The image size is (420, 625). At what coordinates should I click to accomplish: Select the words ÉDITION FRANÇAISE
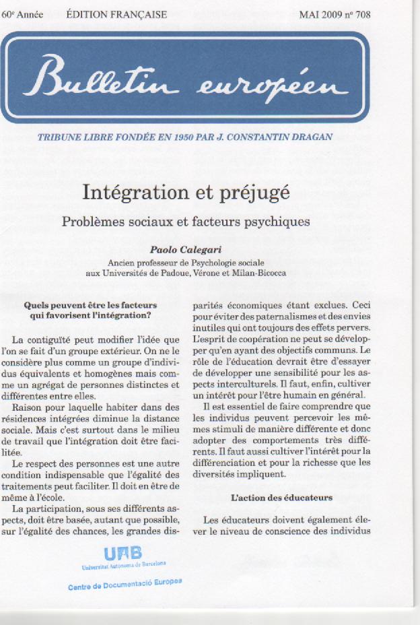coord(117,13)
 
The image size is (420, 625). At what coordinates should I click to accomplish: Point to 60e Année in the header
coord(22,13)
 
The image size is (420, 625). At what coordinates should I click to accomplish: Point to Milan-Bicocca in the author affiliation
coord(259,273)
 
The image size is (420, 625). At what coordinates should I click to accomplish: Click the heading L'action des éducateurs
coord(281,498)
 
